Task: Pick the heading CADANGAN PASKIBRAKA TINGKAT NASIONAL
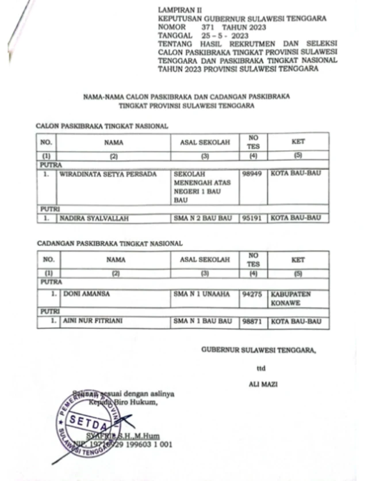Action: point(109,244)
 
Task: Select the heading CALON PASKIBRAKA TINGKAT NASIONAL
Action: point(102,125)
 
